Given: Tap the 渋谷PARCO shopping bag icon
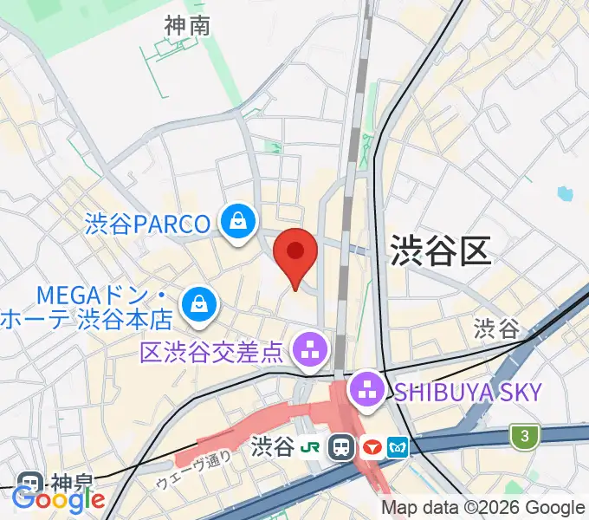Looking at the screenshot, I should point(236,223).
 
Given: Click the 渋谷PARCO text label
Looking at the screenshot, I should point(148,224).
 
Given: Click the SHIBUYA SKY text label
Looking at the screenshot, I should point(468,392).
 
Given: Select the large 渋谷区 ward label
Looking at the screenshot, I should point(440,250).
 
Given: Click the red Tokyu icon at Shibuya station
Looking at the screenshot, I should point(372,447).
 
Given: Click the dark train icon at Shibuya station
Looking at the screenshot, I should point(343,447).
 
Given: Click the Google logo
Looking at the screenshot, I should point(58,499).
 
